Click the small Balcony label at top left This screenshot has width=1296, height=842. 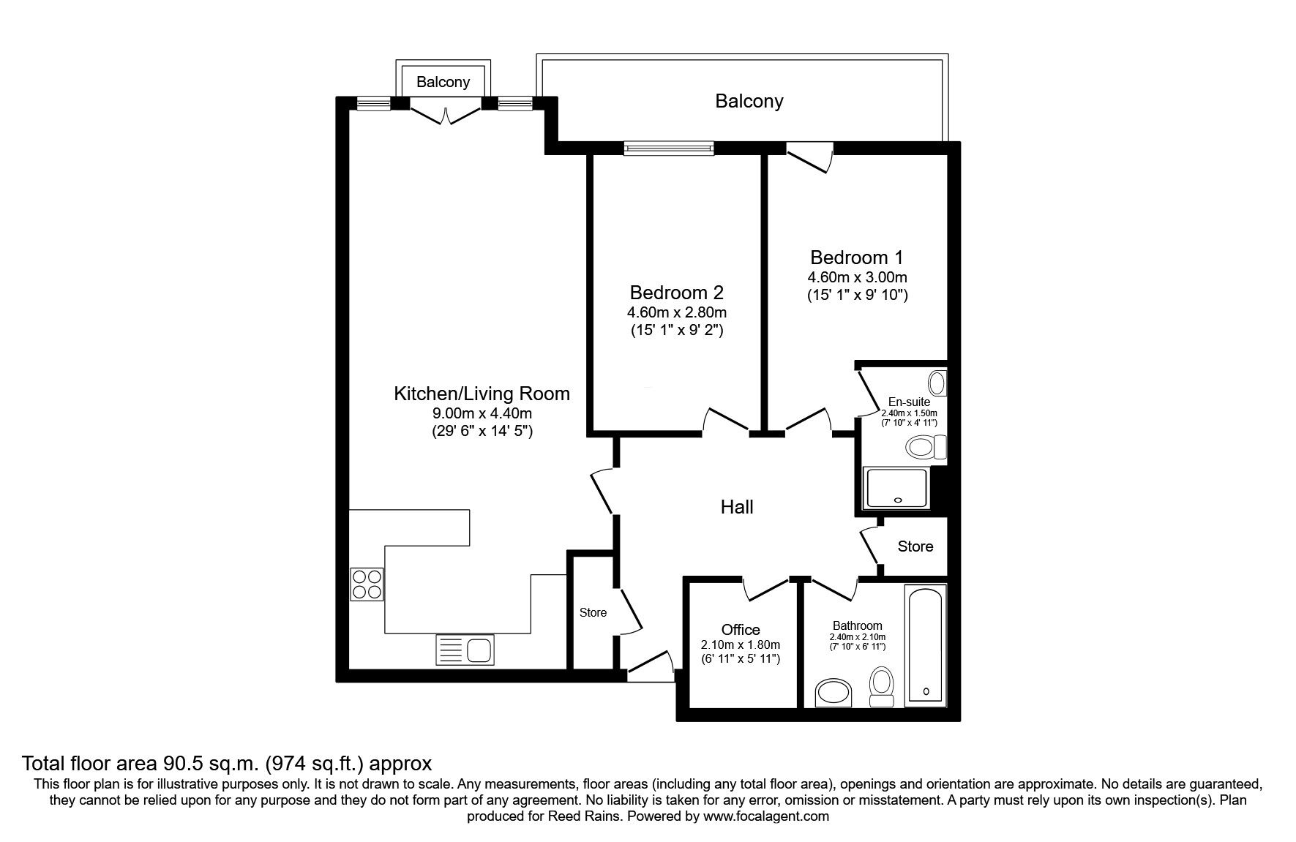[443, 82]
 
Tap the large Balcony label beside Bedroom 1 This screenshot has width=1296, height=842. [749, 101]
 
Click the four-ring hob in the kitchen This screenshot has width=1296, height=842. [367, 584]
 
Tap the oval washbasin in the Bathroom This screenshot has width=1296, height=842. [834, 693]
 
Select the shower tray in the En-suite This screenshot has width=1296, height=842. [896, 488]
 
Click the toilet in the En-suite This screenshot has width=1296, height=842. [925, 447]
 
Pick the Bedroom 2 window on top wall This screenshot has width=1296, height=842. [668, 149]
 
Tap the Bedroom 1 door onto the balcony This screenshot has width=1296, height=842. [811, 157]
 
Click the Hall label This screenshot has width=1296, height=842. [736, 507]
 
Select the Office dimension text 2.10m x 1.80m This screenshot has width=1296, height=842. [740, 645]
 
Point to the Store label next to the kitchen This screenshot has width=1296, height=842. [593, 612]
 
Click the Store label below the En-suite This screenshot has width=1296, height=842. [915, 546]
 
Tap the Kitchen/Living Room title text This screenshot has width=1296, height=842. [482, 394]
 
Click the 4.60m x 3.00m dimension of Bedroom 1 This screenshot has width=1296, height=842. [856, 277]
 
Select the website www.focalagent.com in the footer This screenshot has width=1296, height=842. [765, 816]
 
